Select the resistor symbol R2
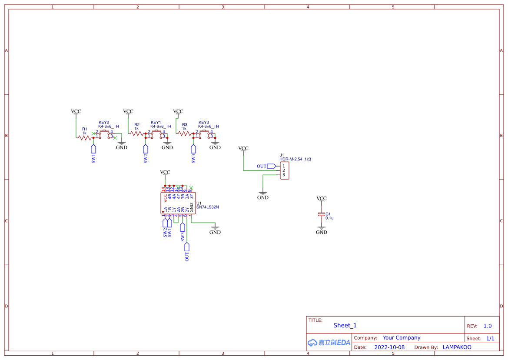click(x=137, y=134)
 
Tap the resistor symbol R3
click(x=185, y=134)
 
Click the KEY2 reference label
click(x=104, y=123)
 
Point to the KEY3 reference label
click(x=204, y=123)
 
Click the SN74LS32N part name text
click(x=208, y=207)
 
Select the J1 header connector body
click(x=284, y=170)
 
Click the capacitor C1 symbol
click(x=322, y=215)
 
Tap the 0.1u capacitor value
click(x=329, y=218)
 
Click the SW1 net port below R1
click(x=93, y=154)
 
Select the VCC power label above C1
click(x=322, y=199)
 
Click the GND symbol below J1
click(x=263, y=195)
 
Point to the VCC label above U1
click(x=165, y=173)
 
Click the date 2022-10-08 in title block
click(x=389, y=347)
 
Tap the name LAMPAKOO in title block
click(x=457, y=347)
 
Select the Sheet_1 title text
click(x=345, y=325)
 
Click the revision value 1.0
click(x=488, y=326)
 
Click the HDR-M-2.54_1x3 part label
click(x=295, y=159)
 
